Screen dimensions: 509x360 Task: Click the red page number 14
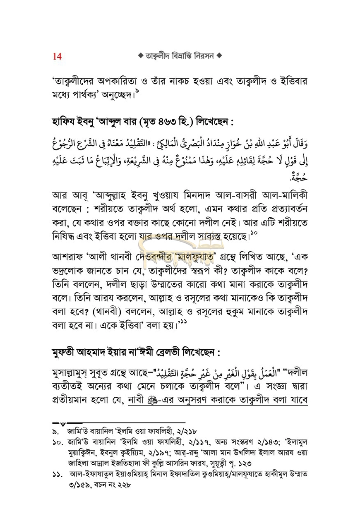[57, 56]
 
